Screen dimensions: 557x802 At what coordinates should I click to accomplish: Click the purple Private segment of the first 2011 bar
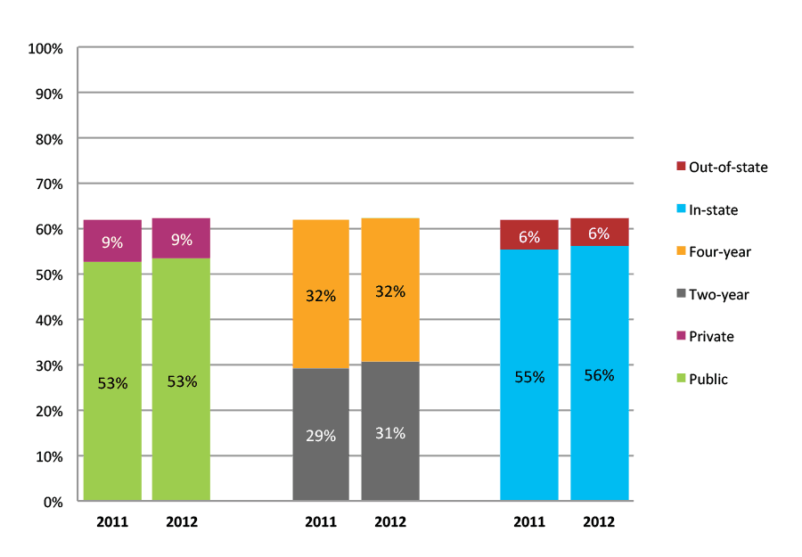click(x=112, y=241)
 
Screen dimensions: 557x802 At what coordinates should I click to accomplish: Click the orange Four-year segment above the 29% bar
click(x=321, y=294)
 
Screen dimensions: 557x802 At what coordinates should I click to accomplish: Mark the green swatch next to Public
click(x=681, y=380)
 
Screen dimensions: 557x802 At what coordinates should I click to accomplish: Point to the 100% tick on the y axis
click(x=45, y=48)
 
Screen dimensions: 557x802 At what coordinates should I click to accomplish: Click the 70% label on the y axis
click(x=48, y=184)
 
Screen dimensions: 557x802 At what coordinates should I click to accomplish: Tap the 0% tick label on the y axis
click(x=53, y=502)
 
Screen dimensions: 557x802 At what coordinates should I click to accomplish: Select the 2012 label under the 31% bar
click(x=390, y=522)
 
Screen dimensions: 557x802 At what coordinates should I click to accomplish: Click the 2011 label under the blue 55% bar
click(x=528, y=522)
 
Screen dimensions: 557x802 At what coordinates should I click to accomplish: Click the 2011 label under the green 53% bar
click(x=112, y=522)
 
